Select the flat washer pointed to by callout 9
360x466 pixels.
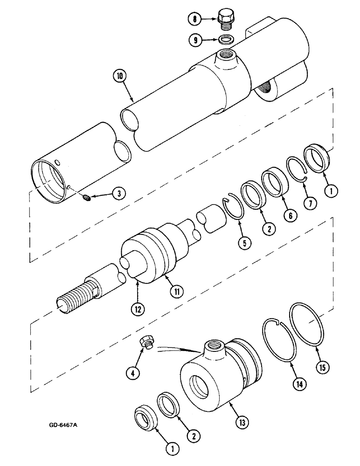point(226,39)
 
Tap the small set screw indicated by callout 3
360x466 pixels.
point(86,199)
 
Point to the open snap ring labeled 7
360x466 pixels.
point(296,167)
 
